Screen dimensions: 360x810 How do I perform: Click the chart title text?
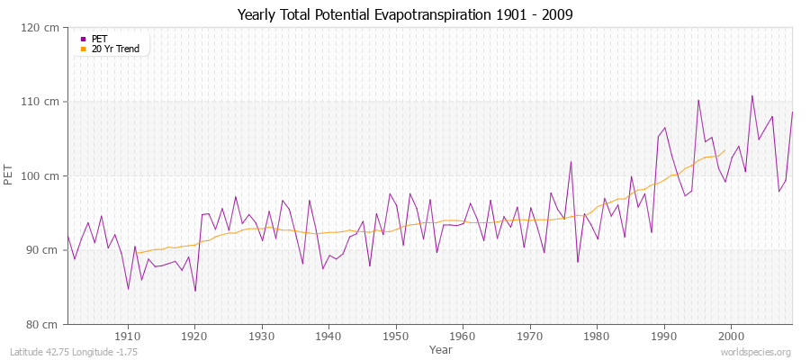click(x=405, y=14)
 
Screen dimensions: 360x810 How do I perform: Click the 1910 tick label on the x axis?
click(x=128, y=335)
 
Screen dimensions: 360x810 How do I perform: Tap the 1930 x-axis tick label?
click(x=262, y=335)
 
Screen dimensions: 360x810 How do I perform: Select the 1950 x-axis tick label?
click(x=396, y=335)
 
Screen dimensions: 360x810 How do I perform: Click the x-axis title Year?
click(x=441, y=348)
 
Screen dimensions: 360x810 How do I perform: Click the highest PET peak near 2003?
click(x=751, y=95)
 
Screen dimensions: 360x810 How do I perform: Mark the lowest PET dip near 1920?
click(x=195, y=291)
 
